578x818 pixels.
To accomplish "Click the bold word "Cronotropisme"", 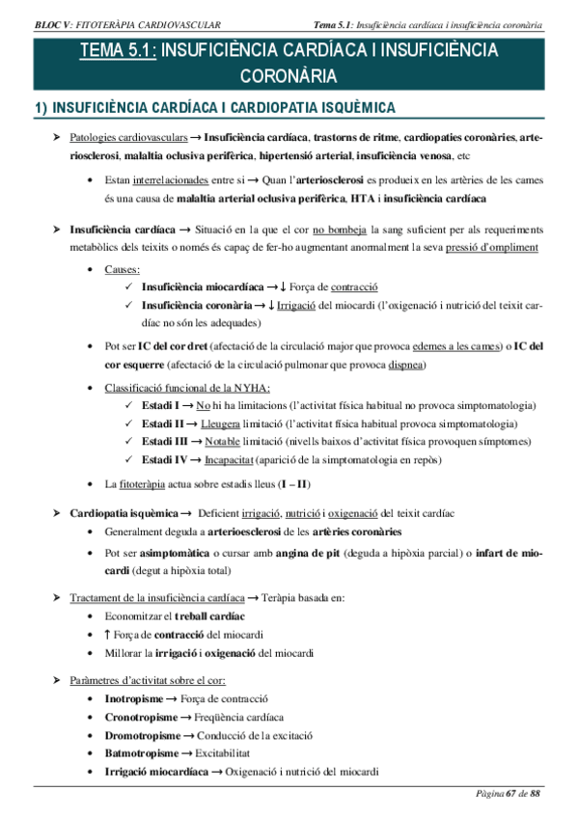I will pyautogui.click(x=141, y=717).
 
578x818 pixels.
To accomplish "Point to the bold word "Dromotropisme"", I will pyautogui.click(x=142, y=735).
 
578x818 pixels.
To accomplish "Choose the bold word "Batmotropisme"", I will pyautogui.click(x=141, y=753).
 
